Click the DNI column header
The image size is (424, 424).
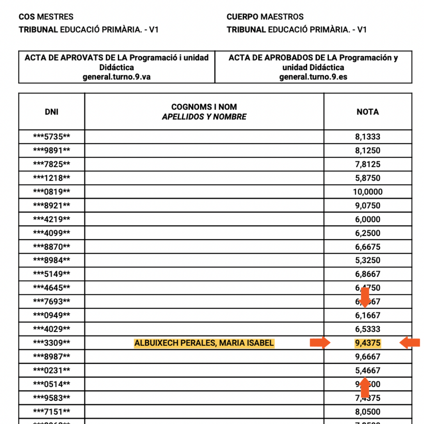point(51,112)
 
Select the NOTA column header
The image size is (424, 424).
point(367,112)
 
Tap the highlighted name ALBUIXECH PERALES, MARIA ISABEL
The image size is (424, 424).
point(204,343)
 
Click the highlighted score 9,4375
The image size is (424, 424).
point(368,343)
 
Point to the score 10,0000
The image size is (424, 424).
point(368,192)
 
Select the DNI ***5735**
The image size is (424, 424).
point(51,137)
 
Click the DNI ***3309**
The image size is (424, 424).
point(51,343)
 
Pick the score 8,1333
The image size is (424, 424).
point(368,137)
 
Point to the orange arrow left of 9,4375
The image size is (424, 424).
point(320,343)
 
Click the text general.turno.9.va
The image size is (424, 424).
point(117,77)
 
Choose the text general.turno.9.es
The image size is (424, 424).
point(313,77)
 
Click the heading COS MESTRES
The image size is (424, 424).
point(46,17)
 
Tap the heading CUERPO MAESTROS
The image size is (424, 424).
point(265,17)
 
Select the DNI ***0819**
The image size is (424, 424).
point(51,192)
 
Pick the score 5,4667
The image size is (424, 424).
point(368,371)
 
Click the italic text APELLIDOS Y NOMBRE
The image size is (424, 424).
point(204,117)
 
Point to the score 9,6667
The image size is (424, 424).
point(368,357)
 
